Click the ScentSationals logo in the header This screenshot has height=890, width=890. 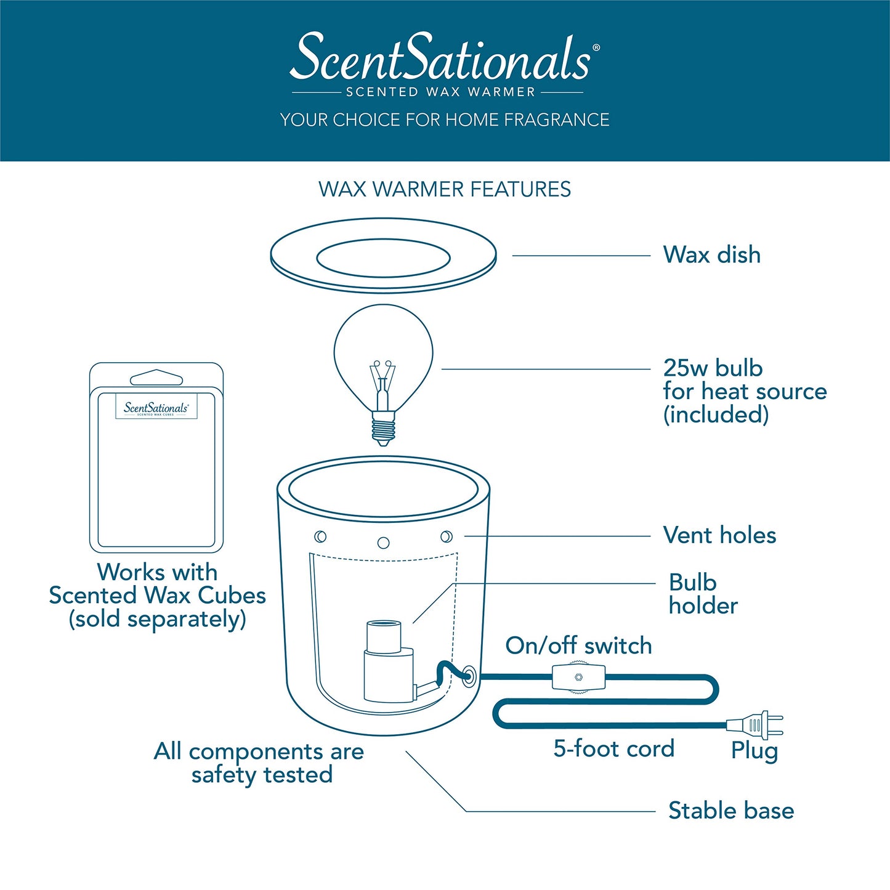click(443, 58)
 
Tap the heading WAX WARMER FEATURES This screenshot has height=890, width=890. click(444, 189)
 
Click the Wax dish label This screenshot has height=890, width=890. click(711, 255)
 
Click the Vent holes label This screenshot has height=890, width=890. click(719, 535)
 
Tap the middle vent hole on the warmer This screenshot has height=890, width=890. click(383, 543)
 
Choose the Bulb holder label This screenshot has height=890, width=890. click(702, 594)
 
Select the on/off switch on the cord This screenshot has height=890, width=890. click(578, 678)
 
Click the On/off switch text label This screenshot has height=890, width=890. click(578, 645)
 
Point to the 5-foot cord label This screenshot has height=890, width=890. click(613, 749)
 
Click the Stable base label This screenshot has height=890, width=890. click(730, 811)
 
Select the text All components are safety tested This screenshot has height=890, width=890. click(259, 763)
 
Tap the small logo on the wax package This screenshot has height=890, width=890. click(156, 408)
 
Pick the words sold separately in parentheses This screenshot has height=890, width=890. click(157, 619)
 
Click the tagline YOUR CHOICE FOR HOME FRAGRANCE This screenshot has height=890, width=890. click(444, 119)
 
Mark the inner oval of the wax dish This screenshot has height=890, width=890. click(383, 259)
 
